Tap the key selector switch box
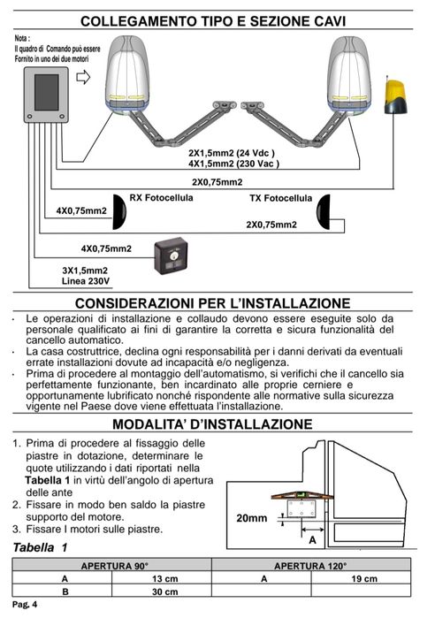click(x=171, y=256)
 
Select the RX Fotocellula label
click(x=161, y=197)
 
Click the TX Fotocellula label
click(x=280, y=198)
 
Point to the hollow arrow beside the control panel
click(x=83, y=77)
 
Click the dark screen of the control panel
click(x=47, y=92)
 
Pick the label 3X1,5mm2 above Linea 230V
click(x=85, y=271)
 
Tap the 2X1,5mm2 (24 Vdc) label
click(x=232, y=153)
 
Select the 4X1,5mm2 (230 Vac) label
click(x=233, y=164)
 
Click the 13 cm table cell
click(x=165, y=578)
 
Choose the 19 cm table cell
click(x=364, y=578)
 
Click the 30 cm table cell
click(x=165, y=591)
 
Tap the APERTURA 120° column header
click(x=310, y=566)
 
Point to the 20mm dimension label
click(x=251, y=518)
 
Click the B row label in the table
click(x=65, y=591)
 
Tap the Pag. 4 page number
click(x=25, y=604)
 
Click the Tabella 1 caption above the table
click(x=40, y=547)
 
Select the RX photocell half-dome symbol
click(x=119, y=211)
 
